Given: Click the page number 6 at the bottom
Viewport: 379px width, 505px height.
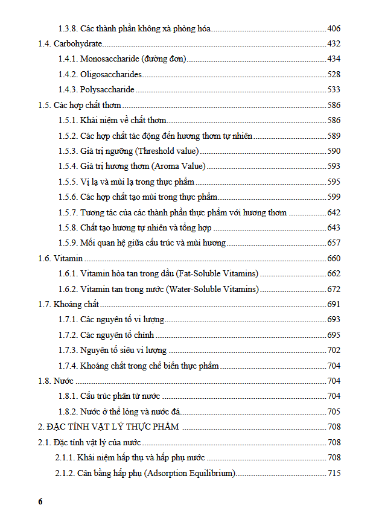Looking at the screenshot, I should tap(40, 500).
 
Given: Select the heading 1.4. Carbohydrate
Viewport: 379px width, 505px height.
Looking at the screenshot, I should tap(70, 43).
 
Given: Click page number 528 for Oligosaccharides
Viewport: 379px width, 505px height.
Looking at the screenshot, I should tap(334, 74).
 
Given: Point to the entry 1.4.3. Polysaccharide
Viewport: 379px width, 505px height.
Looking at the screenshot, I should tap(96, 89).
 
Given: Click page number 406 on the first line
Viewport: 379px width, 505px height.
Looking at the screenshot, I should tap(334, 28).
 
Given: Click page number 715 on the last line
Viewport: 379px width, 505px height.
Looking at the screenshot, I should tap(334, 473).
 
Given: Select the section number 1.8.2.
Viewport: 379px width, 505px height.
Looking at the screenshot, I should tap(68, 411).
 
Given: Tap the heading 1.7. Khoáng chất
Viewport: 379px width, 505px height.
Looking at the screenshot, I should tap(68, 304).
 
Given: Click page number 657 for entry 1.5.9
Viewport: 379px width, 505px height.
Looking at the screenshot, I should tap(334, 243).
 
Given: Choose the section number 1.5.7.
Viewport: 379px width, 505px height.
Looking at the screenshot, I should tap(68, 212).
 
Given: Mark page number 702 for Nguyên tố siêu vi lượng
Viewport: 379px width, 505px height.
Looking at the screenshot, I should tap(334, 350).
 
